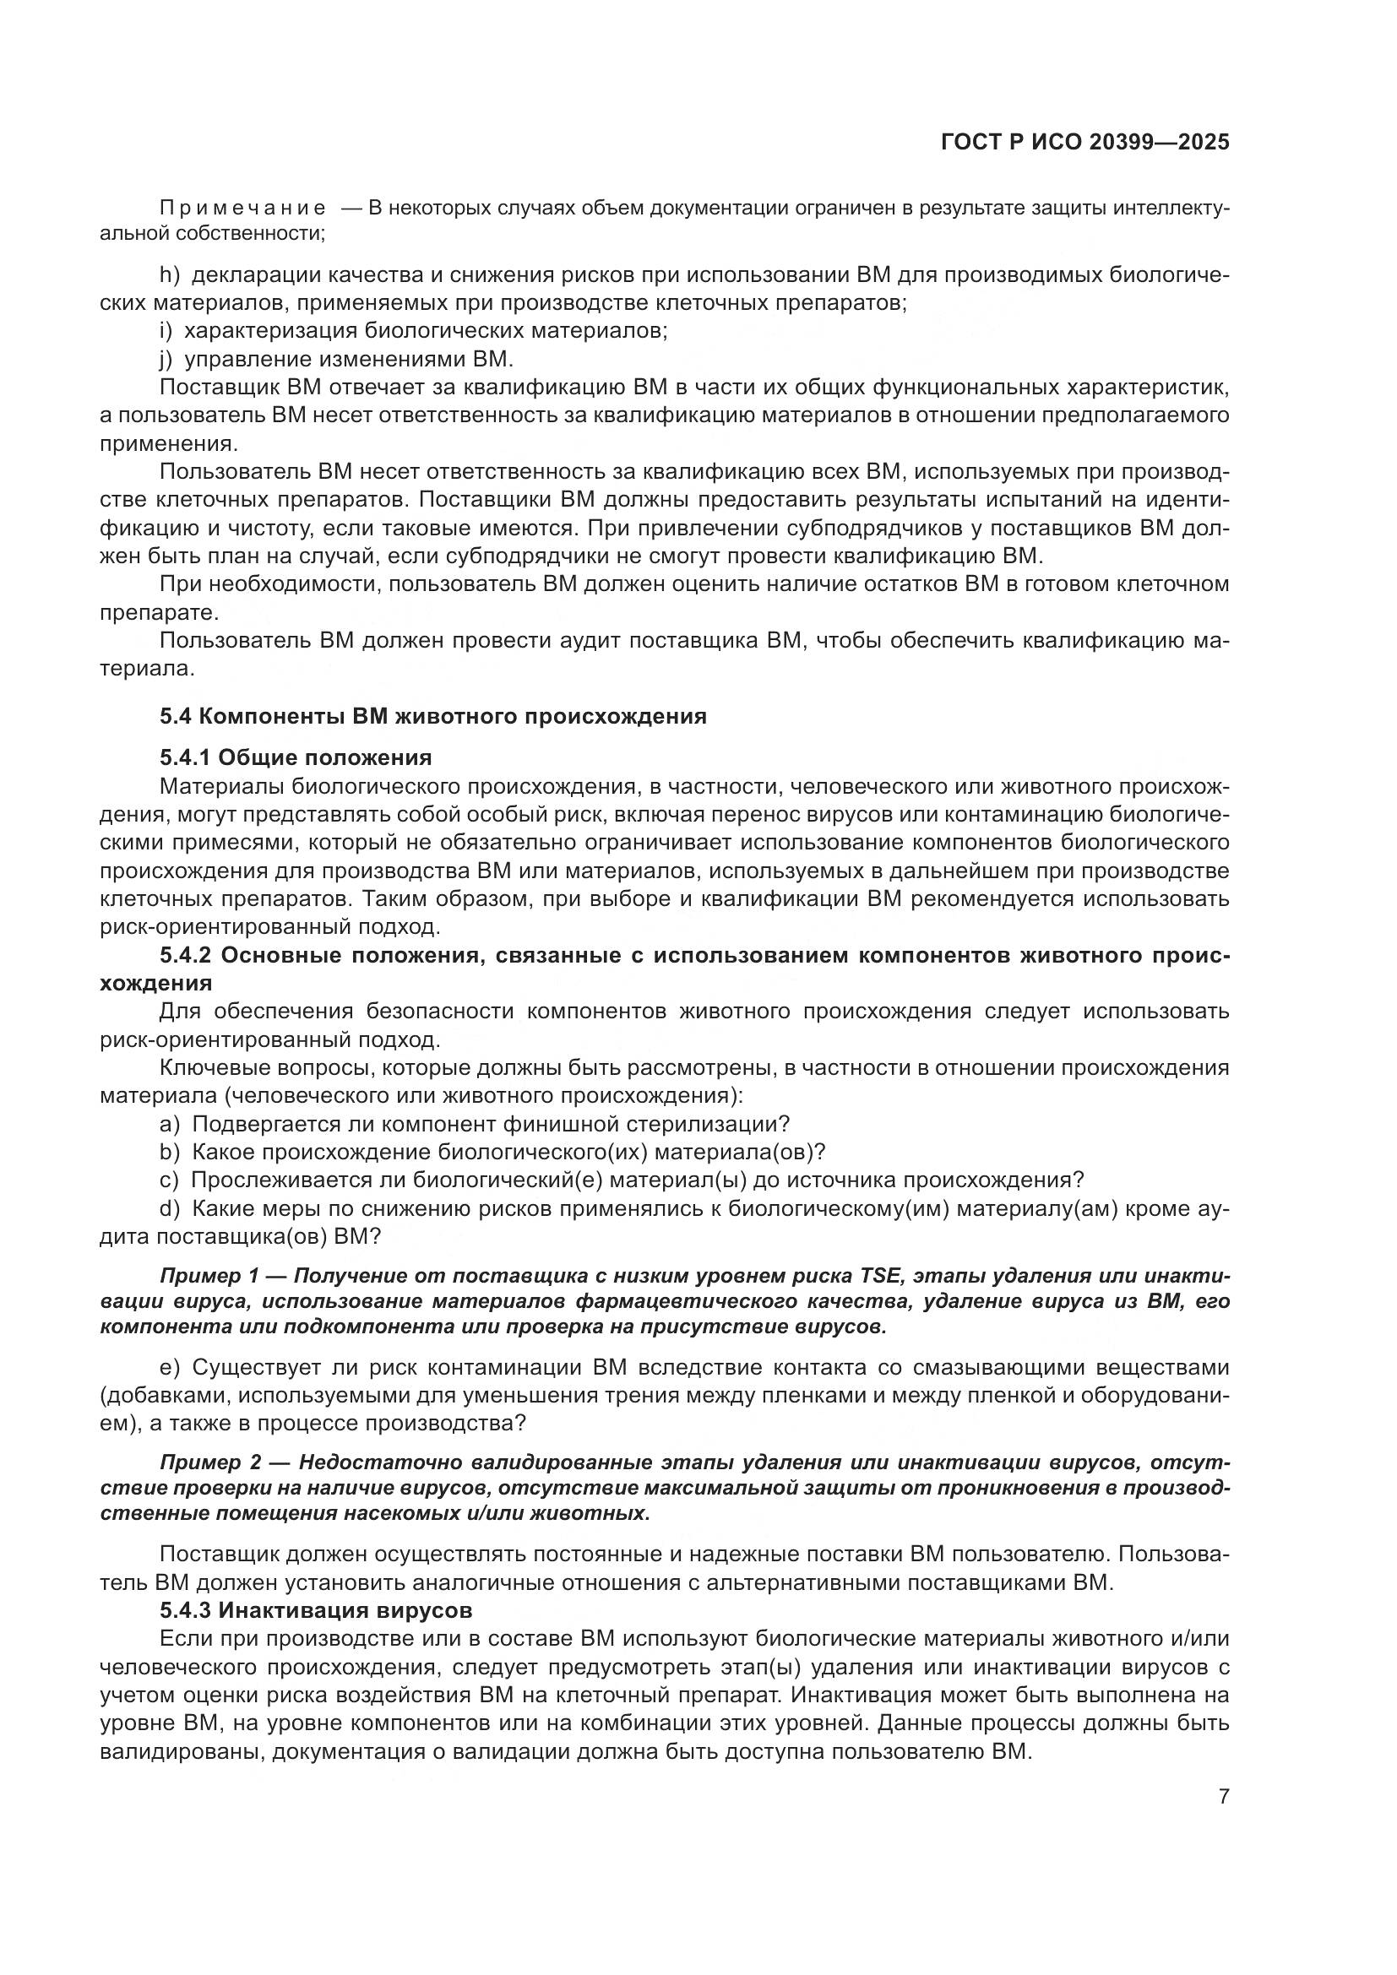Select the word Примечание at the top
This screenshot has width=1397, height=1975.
coord(242,209)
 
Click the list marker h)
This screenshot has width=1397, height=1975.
coord(169,275)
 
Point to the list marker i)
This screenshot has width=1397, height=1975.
coord(166,331)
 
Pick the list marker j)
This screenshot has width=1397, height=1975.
coord(166,359)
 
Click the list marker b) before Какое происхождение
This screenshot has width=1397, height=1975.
coord(170,1153)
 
